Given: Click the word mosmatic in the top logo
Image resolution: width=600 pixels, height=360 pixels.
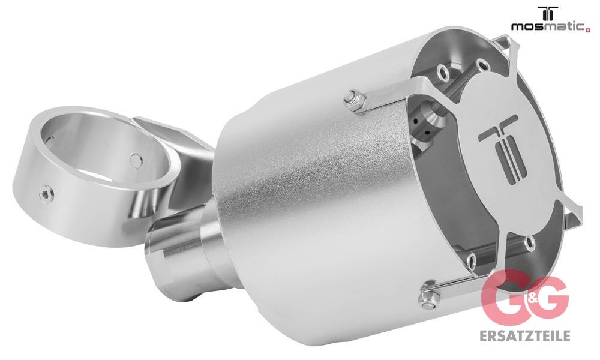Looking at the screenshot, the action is point(548,26).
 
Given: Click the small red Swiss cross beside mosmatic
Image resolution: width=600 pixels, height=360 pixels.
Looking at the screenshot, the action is point(587,29).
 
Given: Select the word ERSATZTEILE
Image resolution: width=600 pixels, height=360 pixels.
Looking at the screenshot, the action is point(524,335).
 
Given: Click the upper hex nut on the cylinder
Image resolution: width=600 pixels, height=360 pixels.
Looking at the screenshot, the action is point(354,100).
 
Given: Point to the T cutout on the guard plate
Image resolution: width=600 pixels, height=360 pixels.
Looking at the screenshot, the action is point(501,149).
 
